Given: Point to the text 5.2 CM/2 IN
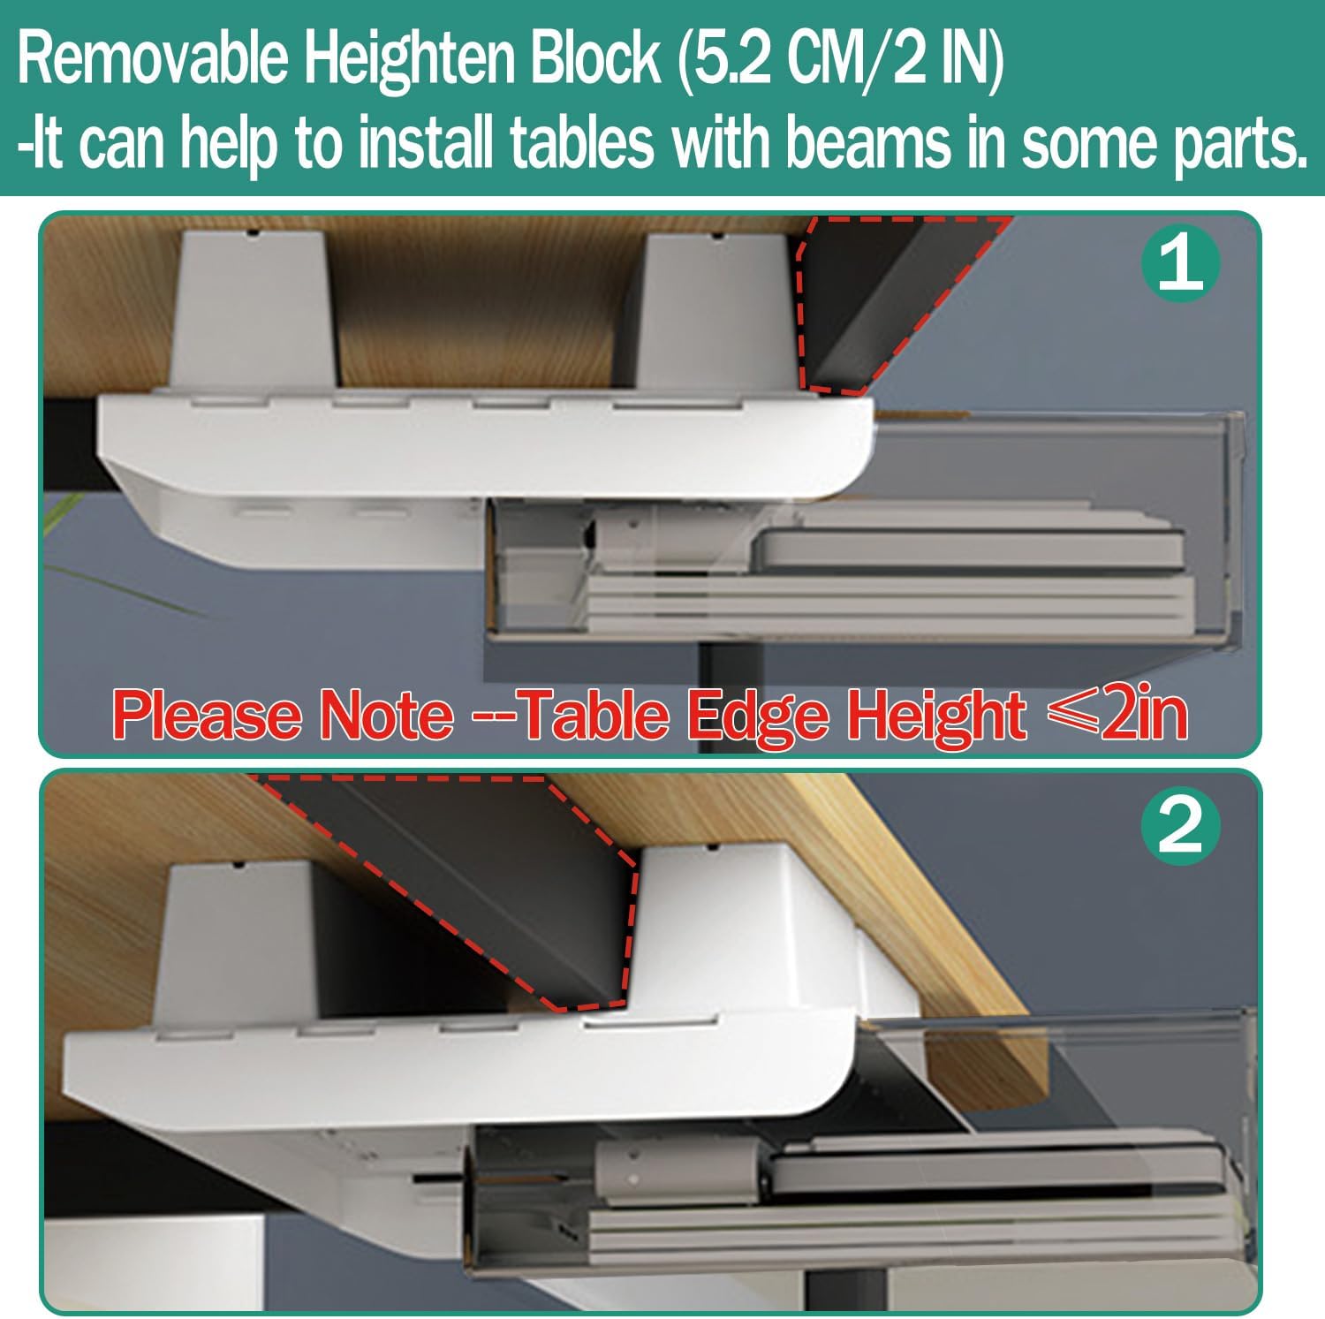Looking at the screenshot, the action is coord(841,62).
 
